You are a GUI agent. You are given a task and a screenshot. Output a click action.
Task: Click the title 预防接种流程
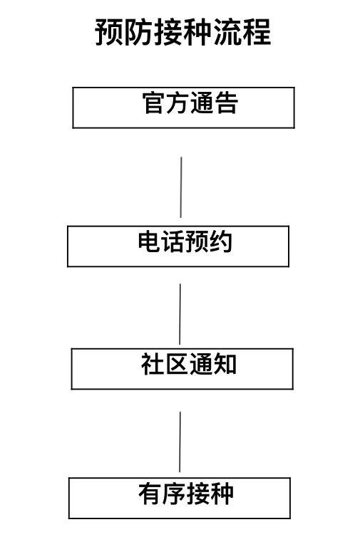tap(182, 32)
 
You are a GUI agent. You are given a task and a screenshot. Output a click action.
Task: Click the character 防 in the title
tap(138, 32)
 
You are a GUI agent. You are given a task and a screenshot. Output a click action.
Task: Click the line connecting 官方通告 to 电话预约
tap(181, 187)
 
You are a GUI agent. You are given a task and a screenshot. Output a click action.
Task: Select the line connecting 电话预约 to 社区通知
tap(180, 314)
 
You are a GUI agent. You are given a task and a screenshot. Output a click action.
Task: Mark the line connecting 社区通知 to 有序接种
tap(180, 442)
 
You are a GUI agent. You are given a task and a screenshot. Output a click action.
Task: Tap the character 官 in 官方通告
tap(153, 103)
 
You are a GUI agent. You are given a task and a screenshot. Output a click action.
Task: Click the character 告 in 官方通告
tap(226, 103)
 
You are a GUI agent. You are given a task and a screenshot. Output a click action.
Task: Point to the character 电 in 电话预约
tap(149, 241)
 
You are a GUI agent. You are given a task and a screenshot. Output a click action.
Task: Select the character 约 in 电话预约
tap(221, 241)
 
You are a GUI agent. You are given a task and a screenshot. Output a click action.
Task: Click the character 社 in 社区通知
tap(152, 364)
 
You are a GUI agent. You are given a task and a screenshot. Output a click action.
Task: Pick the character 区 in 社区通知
tap(176, 364)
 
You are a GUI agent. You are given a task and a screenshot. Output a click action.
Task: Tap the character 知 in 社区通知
tap(225, 364)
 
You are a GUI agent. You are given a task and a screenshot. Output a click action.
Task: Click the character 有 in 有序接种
tap(150, 494)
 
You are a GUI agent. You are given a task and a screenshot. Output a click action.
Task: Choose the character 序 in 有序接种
tap(174, 494)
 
